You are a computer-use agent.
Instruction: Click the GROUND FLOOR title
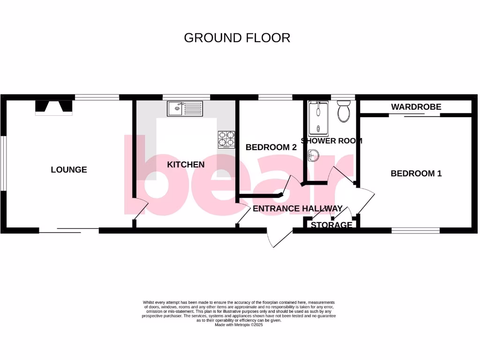[x=237, y=38]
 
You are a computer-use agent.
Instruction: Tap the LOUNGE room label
[x=69, y=170]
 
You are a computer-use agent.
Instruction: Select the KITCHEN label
[x=186, y=165]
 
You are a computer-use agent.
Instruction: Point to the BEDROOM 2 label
[x=271, y=147]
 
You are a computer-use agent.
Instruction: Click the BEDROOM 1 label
[x=416, y=173]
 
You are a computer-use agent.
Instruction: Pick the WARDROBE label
[x=416, y=107]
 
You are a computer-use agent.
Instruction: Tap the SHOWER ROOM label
[x=331, y=141]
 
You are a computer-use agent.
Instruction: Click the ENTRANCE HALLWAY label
[x=297, y=209]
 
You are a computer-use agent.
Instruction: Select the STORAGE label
[x=331, y=225]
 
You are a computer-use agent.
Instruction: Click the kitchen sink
[x=184, y=109]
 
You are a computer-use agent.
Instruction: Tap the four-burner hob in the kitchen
[x=226, y=139]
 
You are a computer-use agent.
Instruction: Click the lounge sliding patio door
[x=69, y=230]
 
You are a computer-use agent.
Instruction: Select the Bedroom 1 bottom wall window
[x=415, y=230]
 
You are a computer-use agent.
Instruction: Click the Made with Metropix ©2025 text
[x=239, y=325]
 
